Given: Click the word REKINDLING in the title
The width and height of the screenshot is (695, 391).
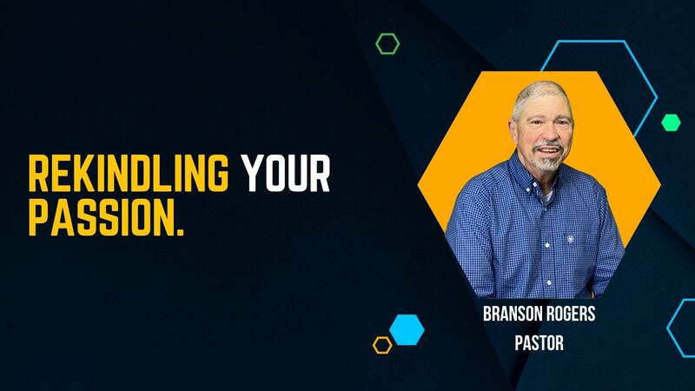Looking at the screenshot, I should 129,175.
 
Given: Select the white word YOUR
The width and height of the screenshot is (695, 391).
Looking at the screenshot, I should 286,175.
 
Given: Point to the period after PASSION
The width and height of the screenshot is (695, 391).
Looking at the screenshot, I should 180,230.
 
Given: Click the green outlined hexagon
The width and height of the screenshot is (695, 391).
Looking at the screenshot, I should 387,43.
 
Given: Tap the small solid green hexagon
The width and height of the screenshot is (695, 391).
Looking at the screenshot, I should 671,123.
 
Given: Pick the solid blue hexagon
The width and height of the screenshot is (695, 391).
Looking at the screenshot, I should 406,329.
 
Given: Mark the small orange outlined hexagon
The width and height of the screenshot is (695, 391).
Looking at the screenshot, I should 382,345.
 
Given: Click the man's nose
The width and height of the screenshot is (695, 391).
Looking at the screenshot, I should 545,133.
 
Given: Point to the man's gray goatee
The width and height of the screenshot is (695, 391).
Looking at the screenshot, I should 545,162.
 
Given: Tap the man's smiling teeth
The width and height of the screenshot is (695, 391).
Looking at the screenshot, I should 545,147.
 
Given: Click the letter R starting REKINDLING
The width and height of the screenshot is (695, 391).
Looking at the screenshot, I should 37,175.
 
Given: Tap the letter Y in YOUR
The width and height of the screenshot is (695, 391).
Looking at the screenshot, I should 251,175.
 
